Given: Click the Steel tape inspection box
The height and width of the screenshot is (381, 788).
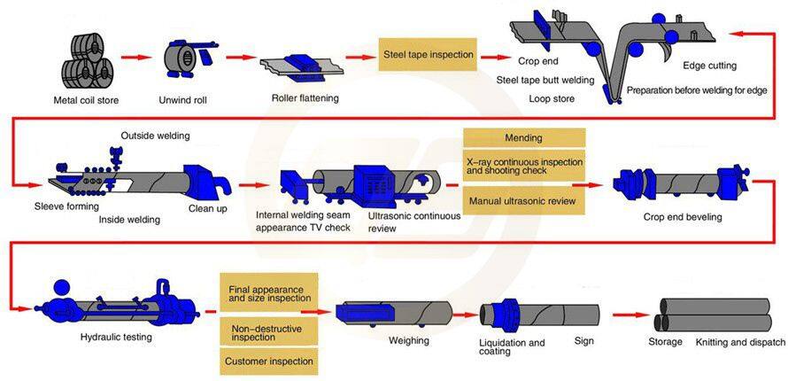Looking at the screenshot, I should pos(428,54).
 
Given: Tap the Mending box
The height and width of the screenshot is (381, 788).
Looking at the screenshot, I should pos(523,138).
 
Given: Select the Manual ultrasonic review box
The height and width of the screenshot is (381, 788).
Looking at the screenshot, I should pos(523,201).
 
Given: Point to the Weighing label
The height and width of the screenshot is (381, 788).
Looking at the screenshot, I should pos(409,340).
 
